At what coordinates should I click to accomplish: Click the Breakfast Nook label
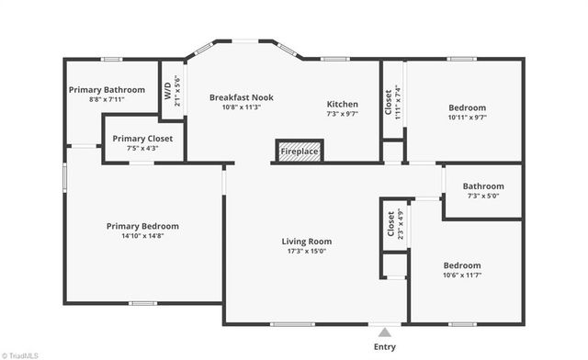point(241,97)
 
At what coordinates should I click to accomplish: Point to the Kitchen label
point(343,105)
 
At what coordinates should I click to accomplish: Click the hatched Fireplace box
point(300,152)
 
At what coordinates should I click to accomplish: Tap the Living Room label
point(306,242)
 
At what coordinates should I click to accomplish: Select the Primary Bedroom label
point(142,226)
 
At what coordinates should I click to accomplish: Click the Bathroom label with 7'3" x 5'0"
point(483,186)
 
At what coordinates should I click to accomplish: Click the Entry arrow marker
point(386,332)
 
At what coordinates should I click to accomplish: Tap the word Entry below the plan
point(386,347)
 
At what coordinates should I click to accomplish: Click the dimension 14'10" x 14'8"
point(142,236)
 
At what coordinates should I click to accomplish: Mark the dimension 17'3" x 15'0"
point(306,252)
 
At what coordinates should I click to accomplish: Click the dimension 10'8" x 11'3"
point(241,107)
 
